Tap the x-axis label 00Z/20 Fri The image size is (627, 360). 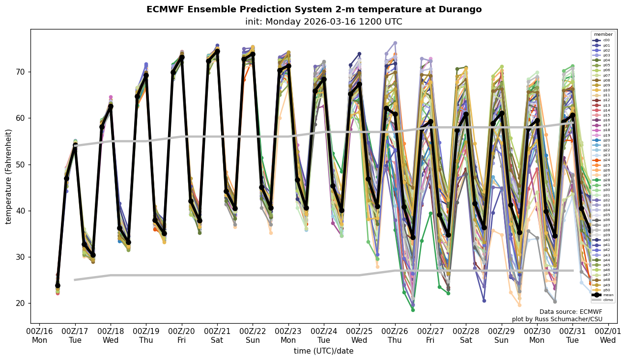click(x=182, y=335)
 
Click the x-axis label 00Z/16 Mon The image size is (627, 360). click(x=40, y=335)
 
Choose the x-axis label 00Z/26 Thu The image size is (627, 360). click(x=395, y=335)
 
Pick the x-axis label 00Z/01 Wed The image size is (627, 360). click(x=608, y=335)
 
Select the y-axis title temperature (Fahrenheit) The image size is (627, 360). click(x=9, y=176)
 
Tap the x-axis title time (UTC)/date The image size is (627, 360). click(x=323, y=351)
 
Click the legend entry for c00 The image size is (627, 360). click(x=603, y=40)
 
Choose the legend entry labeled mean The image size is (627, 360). click(x=603, y=295)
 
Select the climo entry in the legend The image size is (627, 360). click(x=603, y=300)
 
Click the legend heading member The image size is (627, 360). click(x=603, y=34)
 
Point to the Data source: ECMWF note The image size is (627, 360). click(x=570, y=312)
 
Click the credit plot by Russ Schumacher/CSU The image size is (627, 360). click(x=557, y=319)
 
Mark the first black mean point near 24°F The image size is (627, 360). click(x=57, y=285)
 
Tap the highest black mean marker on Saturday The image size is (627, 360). click(x=217, y=51)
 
